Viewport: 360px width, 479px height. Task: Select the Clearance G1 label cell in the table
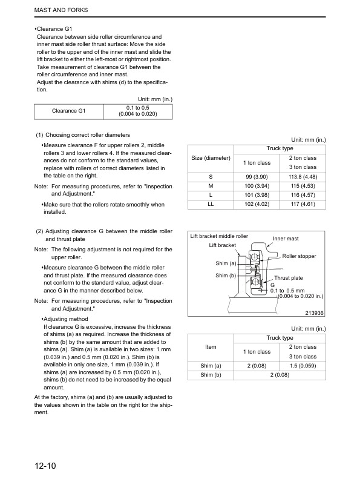pos(69,111)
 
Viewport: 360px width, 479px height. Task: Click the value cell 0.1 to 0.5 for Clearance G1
pos(138,111)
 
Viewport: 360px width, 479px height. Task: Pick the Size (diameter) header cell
pos(211,158)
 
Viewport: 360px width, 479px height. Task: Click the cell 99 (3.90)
pos(257,177)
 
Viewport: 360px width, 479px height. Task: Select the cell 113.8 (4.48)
pos(303,177)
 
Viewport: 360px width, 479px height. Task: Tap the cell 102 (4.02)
pos(257,205)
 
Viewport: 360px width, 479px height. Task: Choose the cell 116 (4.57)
pos(303,196)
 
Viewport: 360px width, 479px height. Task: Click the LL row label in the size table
pos(211,205)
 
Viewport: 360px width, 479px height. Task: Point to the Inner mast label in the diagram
pos(286,239)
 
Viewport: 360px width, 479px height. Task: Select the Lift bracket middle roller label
pos(219,236)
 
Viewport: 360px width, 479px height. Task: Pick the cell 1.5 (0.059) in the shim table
pos(303,366)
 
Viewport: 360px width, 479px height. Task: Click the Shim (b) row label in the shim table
pos(211,375)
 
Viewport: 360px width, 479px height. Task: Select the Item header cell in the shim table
pos(211,347)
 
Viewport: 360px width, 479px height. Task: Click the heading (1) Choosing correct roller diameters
pos(83,134)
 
